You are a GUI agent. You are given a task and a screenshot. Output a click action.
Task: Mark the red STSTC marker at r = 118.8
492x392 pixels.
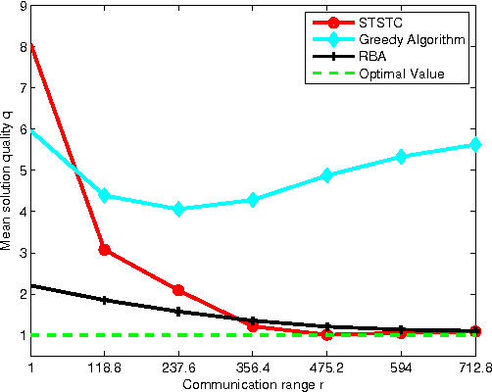point(105,250)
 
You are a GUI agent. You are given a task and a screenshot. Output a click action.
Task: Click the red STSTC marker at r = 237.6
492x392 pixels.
point(178,290)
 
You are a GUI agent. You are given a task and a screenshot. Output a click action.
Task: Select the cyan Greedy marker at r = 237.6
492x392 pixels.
point(178,209)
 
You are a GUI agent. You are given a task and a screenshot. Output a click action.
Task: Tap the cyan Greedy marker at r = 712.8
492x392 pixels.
point(475,144)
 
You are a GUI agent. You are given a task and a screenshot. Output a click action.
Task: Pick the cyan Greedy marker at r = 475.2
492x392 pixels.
point(327,175)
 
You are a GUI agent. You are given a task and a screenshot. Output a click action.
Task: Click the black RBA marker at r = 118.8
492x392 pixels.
point(105,300)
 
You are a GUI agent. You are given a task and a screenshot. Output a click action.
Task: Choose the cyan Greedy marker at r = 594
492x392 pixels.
point(401,157)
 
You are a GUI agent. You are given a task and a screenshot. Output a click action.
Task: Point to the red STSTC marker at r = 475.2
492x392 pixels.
point(327,334)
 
